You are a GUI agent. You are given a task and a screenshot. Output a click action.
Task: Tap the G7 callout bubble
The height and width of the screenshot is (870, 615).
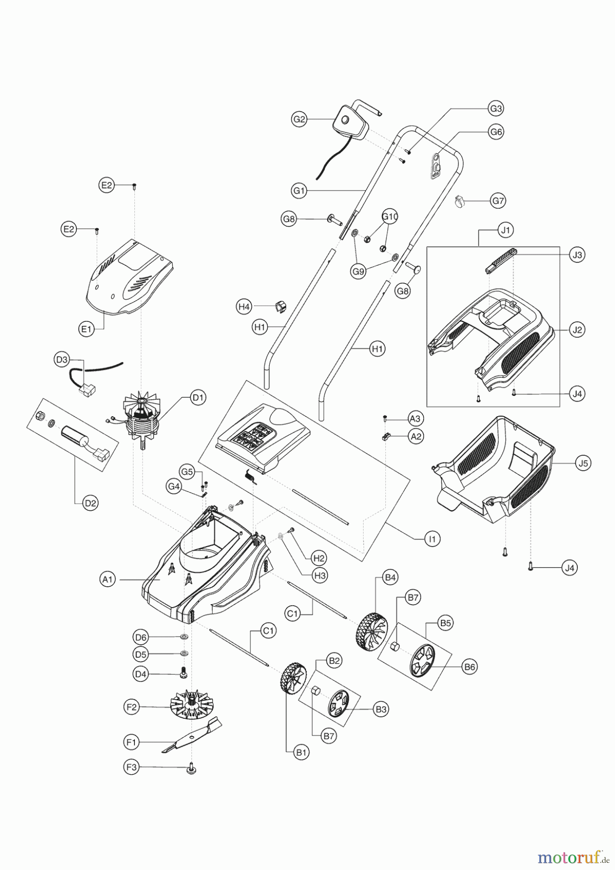click(x=498, y=200)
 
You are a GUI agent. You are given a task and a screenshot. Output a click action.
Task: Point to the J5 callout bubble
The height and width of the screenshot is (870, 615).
click(x=584, y=463)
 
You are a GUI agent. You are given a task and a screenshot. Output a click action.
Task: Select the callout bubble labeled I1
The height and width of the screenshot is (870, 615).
click(x=433, y=538)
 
